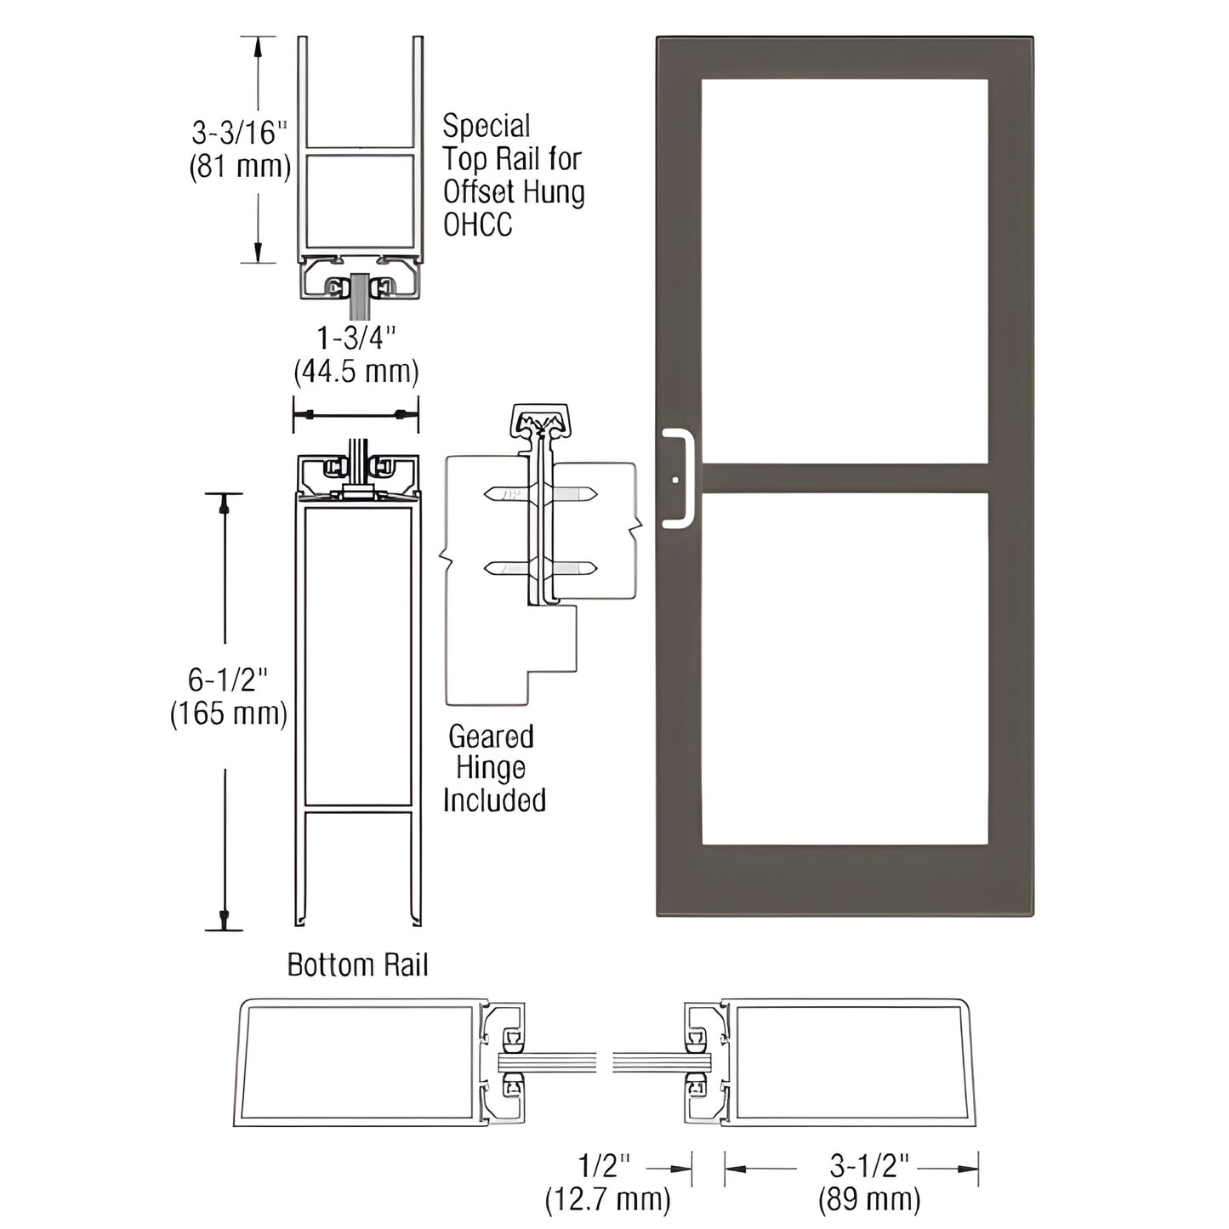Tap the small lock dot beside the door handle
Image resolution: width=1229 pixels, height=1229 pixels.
click(675, 481)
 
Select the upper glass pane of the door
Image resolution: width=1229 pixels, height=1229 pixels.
click(844, 270)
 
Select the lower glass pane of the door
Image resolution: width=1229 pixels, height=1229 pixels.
click(844, 669)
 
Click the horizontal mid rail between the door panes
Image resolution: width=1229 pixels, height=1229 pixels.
click(844, 478)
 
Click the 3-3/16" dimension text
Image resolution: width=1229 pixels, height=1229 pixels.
click(239, 133)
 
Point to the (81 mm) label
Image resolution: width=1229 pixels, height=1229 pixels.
click(239, 166)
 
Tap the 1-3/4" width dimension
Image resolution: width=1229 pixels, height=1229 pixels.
click(356, 339)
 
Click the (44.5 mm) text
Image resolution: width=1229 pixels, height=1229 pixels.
click(356, 372)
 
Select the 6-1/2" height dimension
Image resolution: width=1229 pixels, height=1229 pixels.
click(227, 680)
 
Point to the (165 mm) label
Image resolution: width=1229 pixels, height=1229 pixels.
click(228, 713)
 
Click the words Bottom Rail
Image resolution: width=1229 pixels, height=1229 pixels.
click(357, 965)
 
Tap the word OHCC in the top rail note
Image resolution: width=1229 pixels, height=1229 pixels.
click(477, 225)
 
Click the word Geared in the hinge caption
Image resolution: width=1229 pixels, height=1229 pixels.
click(491, 737)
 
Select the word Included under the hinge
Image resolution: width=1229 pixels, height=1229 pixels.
click(494, 800)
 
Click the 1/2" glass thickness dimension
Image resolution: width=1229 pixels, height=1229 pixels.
click(605, 1166)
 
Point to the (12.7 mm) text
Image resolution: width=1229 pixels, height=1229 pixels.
click(607, 1199)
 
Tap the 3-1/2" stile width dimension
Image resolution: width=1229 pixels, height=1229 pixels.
click(869, 1166)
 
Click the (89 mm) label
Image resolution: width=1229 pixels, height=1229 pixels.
click(869, 1199)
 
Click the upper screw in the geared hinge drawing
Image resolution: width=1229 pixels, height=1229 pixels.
click(540, 494)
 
